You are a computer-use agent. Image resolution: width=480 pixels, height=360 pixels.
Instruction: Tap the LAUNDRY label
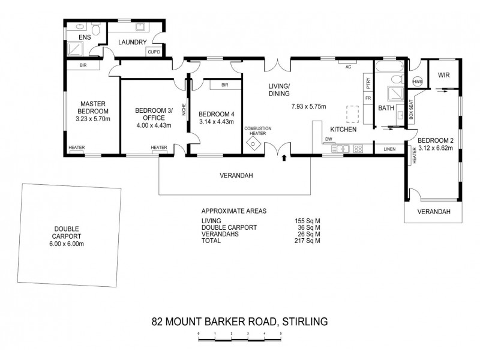(x=133, y=42)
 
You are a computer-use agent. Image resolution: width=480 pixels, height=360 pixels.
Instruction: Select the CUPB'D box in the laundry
(x=154, y=52)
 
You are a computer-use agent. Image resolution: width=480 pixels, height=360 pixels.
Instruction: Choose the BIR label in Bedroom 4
(x=224, y=85)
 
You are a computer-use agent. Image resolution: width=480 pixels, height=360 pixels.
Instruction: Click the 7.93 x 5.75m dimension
(x=308, y=107)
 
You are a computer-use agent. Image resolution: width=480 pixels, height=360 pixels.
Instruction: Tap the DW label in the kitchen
(x=328, y=139)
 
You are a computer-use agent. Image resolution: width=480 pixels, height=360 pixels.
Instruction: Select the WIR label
(x=443, y=75)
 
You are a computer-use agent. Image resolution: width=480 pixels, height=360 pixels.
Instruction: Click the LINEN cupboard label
(x=389, y=148)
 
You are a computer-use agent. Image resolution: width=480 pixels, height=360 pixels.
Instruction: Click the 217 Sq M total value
(x=308, y=241)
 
